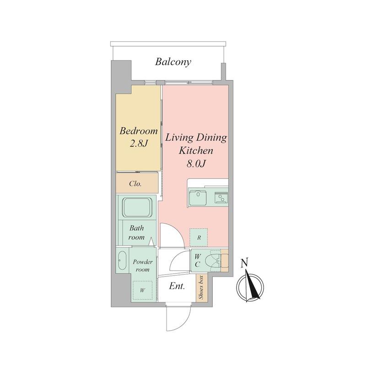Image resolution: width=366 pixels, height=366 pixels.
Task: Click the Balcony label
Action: (x=173, y=62)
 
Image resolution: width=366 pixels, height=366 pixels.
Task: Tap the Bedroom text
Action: (x=139, y=131)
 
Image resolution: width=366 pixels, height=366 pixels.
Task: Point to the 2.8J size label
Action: (x=139, y=144)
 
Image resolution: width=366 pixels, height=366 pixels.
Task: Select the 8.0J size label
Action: (x=196, y=164)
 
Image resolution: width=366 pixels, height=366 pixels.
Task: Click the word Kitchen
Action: (x=196, y=151)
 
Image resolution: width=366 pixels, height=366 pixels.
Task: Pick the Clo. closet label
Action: (x=135, y=184)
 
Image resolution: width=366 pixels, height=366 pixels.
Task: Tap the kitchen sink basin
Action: (x=198, y=198)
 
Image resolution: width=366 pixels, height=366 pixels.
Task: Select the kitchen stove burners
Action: (x=221, y=198)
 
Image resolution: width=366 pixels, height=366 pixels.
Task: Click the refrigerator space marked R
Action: (x=199, y=237)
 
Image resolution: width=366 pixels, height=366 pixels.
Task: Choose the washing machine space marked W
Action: (x=142, y=291)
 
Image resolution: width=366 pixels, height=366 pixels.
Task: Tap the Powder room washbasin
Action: (x=122, y=260)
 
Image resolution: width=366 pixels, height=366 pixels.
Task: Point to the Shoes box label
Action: (x=201, y=287)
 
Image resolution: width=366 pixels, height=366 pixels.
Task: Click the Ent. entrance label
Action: (x=177, y=286)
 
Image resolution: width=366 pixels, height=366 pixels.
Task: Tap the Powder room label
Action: (x=143, y=266)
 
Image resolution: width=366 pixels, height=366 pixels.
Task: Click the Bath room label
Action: (x=136, y=233)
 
